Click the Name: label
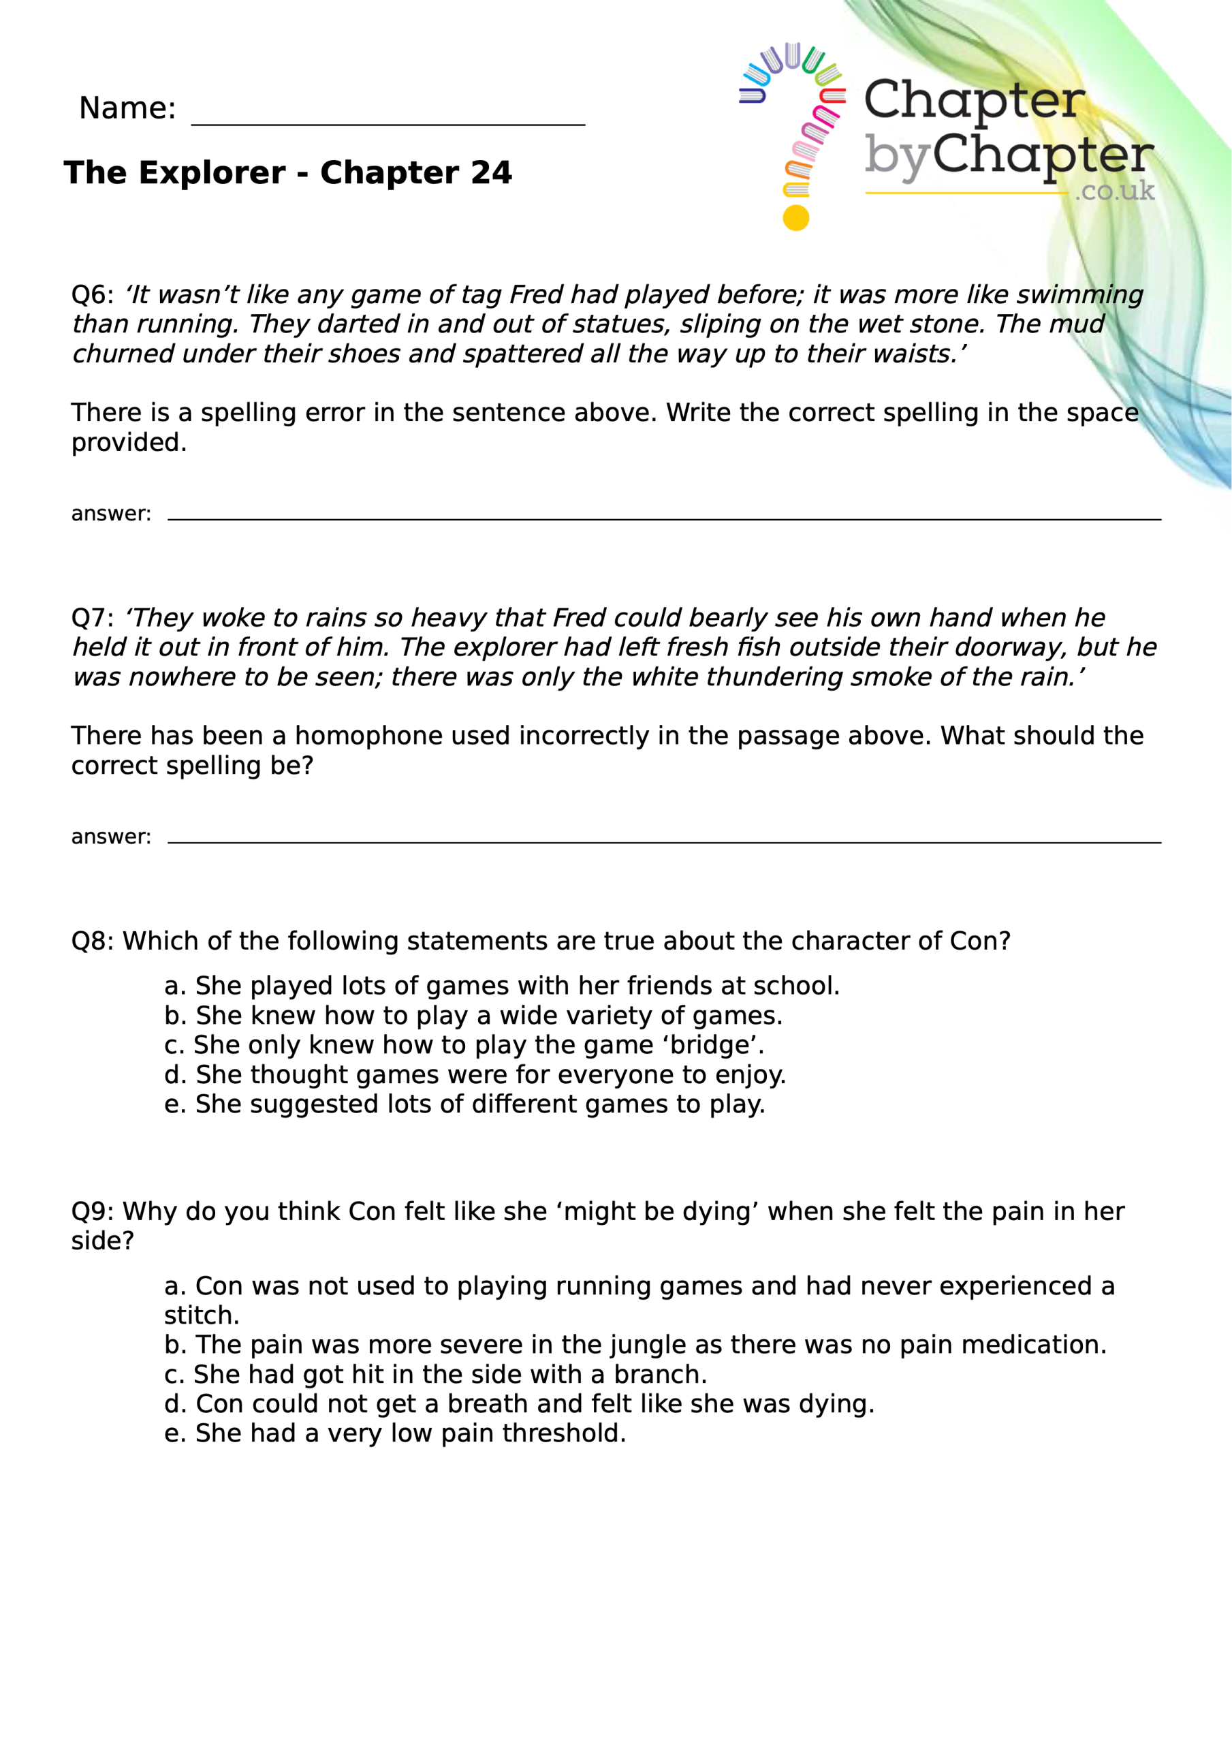click(x=127, y=108)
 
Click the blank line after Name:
click(x=388, y=121)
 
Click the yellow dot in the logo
click(x=795, y=218)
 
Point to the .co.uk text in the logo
click(x=1114, y=191)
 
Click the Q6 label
click(x=91, y=295)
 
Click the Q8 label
click(x=91, y=941)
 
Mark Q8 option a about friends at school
click(x=501, y=986)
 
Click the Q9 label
click(x=91, y=1211)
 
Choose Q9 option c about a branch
click(x=435, y=1375)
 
